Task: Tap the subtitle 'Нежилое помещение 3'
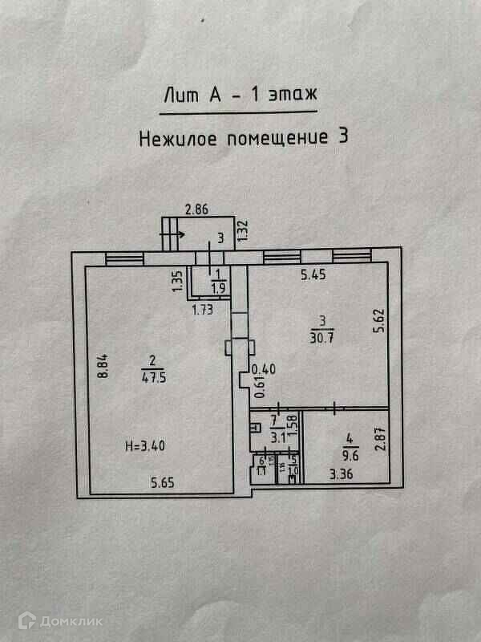pyautogui.click(x=245, y=137)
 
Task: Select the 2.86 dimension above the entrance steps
pyautogui.click(x=196, y=210)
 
